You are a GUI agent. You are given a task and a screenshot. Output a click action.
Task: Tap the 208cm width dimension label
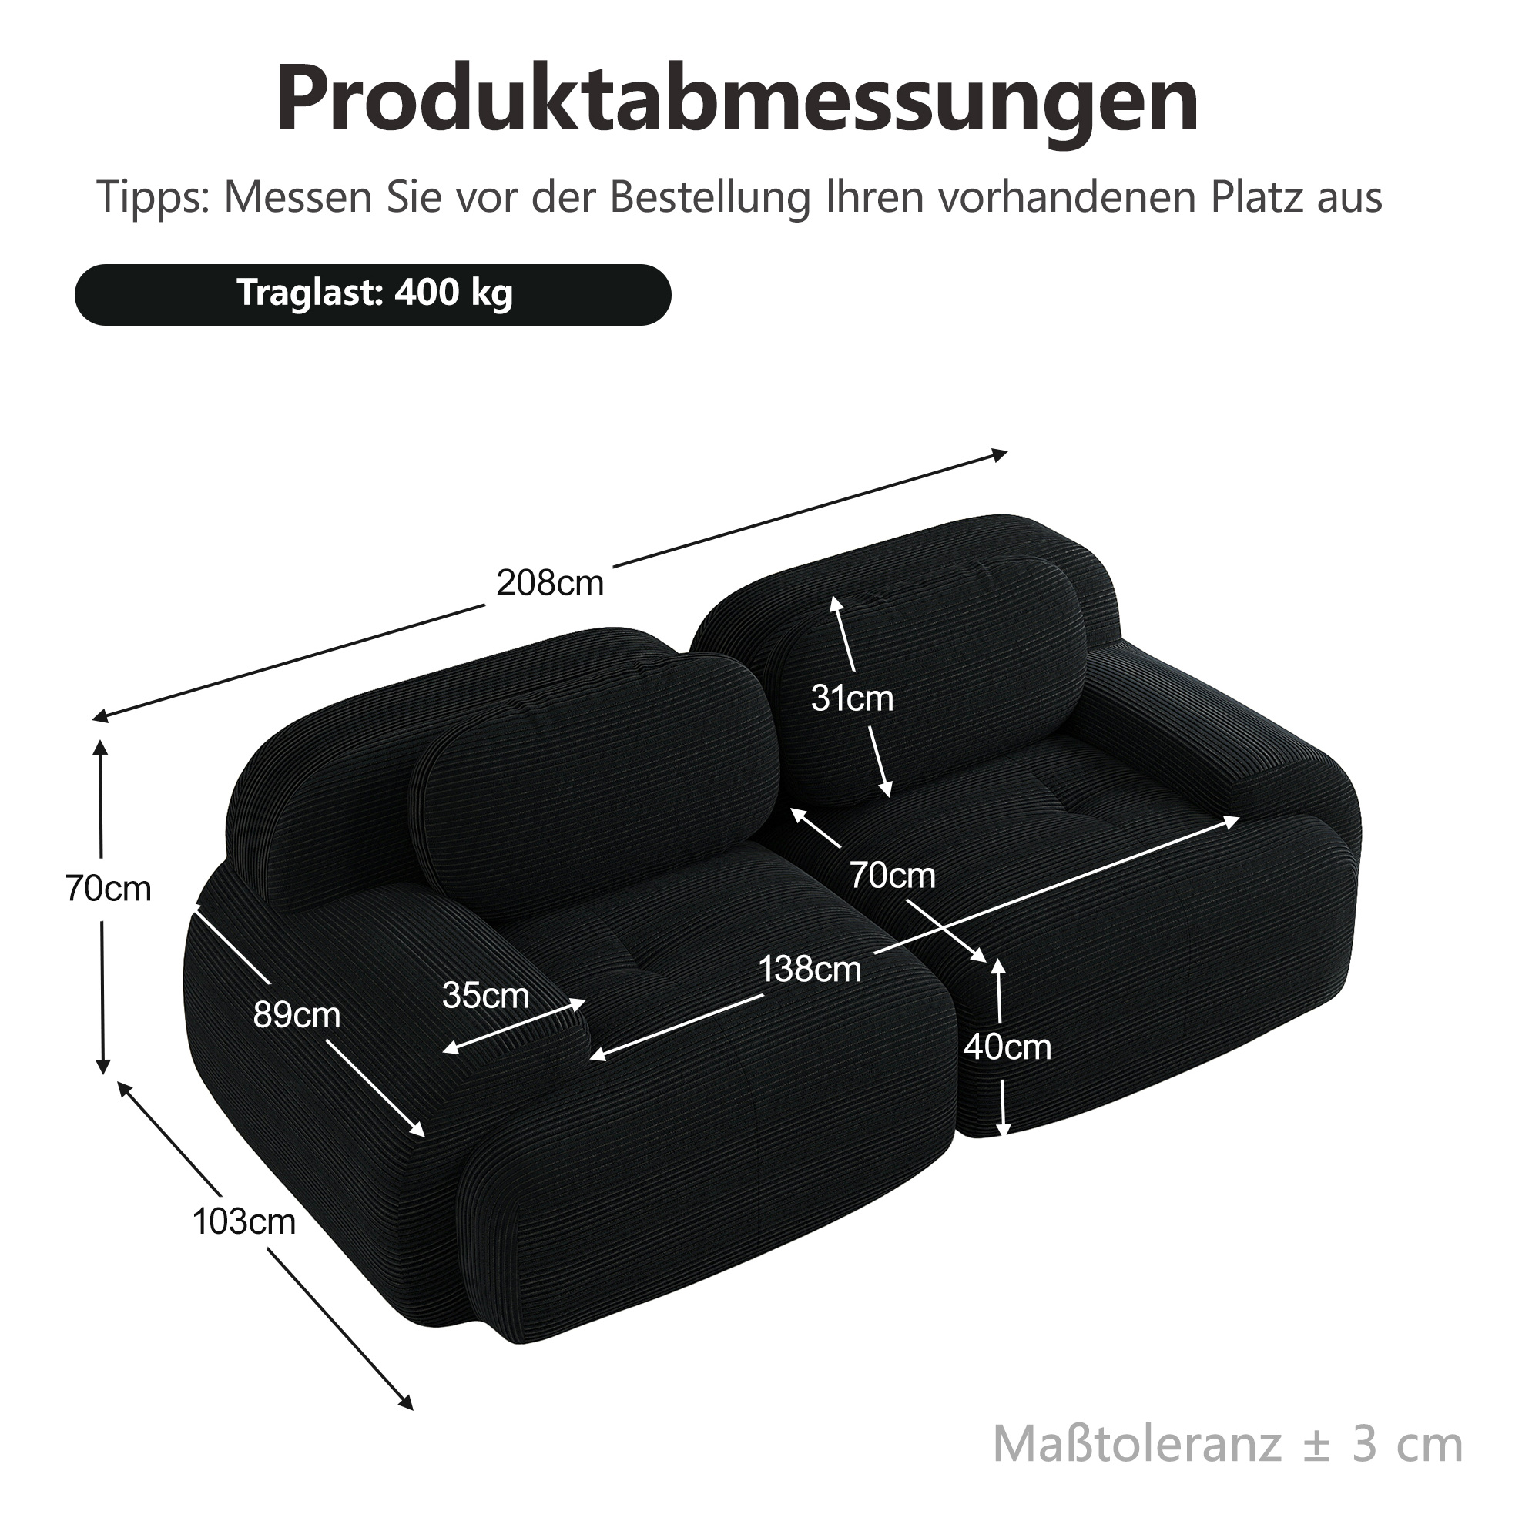[x=550, y=583]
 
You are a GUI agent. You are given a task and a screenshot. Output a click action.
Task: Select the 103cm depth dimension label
[x=244, y=1221]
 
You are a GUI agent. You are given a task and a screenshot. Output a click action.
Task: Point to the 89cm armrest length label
[x=297, y=1014]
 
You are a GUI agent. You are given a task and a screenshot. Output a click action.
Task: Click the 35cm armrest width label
[x=485, y=994]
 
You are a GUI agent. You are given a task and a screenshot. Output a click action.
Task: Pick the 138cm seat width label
[x=810, y=968]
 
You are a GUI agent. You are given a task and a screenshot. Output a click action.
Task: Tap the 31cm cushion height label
[x=852, y=698]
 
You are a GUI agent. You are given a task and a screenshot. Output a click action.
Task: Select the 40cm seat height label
[x=1007, y=1047]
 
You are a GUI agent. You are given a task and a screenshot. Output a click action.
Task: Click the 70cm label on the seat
[x=893, y=875]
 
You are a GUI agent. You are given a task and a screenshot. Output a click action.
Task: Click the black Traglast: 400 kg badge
[x=374, y=295]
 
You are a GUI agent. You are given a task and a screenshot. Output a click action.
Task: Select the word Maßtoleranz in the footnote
[x=1137, y=1445]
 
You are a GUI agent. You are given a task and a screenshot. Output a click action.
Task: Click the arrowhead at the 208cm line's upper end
[x=1001, y=454]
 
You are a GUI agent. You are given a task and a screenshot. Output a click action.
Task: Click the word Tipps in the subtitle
[x=154, y=198]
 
